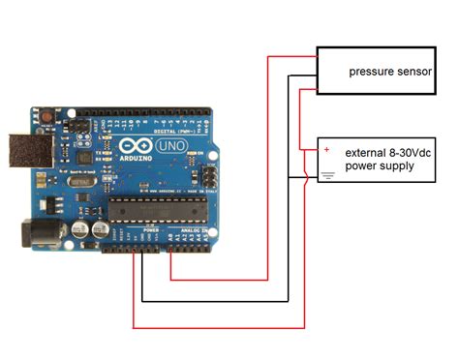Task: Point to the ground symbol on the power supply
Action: click(x=327, y=175)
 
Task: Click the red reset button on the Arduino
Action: click(x=46, y=118)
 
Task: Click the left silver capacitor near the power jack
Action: click(x=79, y=229)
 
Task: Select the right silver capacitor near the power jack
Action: click(x=99, y=229)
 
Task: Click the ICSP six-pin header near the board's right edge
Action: click(x=206, y=176)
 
